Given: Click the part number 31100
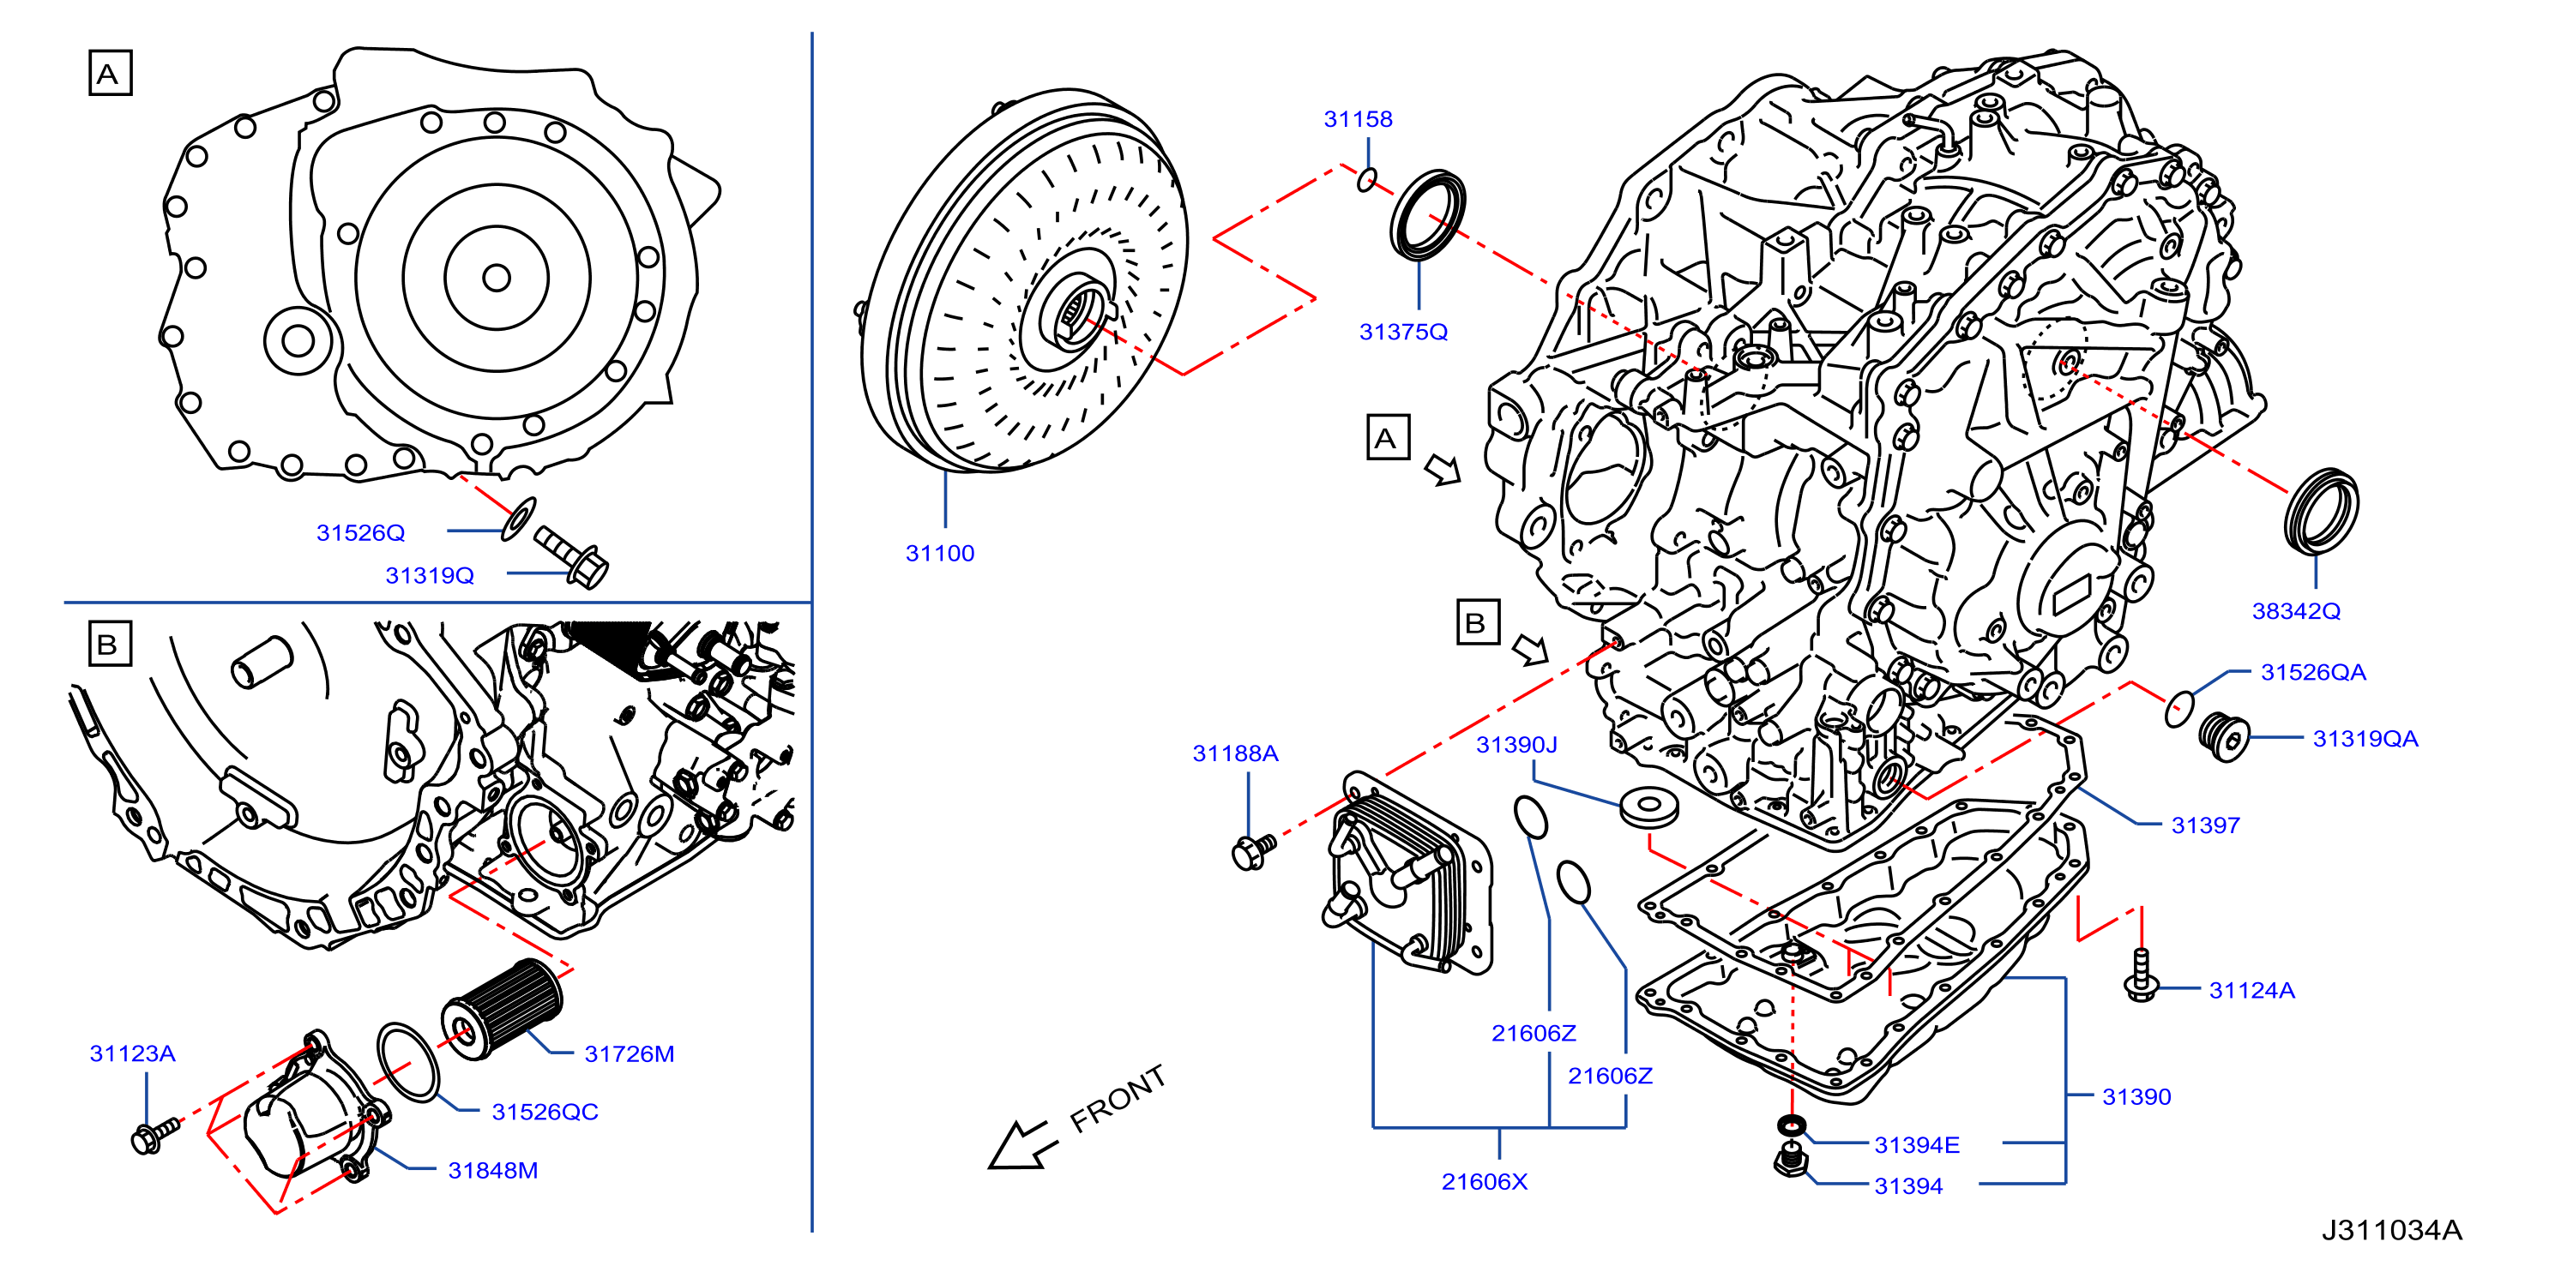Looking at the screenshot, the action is click(x=939, y=554).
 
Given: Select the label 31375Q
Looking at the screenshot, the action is click(x=1403, y=332).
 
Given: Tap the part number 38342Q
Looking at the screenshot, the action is click(x=2296, y=611).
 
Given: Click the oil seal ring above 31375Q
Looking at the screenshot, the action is click(x=1426, y=216).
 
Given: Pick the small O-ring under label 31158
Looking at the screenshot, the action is click(x=1368, y=180).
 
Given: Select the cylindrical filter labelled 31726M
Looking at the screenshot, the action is click(x=501, y=1008).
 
